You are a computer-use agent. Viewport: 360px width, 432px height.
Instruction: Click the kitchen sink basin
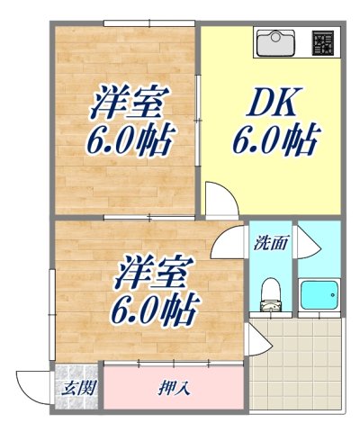click(274, 42)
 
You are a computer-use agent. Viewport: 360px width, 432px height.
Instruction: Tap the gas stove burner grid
click(323, 43)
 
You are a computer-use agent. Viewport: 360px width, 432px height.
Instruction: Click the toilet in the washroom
click(270, 294)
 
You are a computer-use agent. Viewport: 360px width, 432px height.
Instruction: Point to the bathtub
click(319, 295)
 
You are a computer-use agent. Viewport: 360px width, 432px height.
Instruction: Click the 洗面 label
click(271, 243)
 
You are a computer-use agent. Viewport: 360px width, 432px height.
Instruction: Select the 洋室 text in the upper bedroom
click(130, 102)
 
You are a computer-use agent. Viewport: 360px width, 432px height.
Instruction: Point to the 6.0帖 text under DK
click(274, 139)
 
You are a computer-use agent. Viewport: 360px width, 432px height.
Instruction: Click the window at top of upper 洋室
click(149, 23)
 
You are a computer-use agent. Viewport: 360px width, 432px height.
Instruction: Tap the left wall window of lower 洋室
click(52, 315)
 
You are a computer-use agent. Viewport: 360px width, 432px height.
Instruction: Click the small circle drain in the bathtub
click(332, 295)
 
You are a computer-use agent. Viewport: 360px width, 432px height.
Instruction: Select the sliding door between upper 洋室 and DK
click(197, 120)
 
